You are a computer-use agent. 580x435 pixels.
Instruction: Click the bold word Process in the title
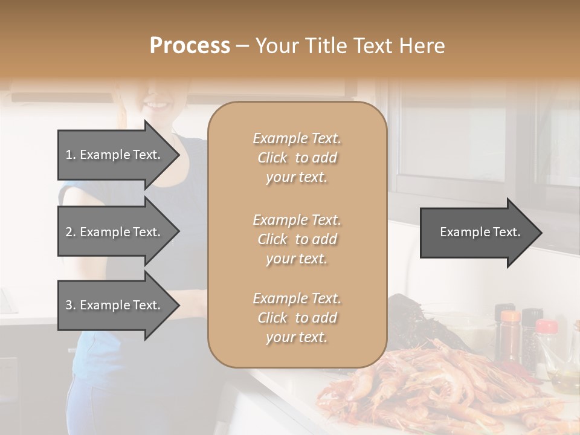[190, 46]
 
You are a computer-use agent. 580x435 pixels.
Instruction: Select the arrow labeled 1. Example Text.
[115, 155]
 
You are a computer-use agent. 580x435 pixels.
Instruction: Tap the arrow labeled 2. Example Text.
[115, 232]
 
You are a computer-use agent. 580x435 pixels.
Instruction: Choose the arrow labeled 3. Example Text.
[115, 305]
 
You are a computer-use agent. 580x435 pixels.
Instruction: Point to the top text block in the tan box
[297, 158]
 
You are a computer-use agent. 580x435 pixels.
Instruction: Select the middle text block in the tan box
[297, 239]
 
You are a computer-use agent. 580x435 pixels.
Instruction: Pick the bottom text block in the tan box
[297, 317]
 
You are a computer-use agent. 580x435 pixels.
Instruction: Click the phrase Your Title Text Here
[350, 46]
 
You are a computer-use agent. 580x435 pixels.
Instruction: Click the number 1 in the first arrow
[69, 155]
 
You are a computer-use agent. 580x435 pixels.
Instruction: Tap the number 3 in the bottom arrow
[69, 305]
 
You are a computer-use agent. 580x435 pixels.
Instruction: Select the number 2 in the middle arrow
[69, 232]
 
